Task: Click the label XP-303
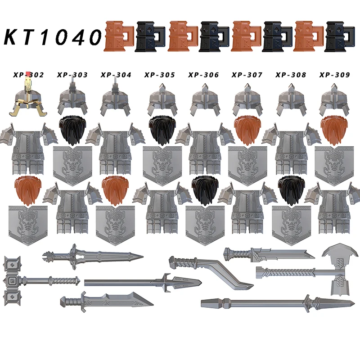72,75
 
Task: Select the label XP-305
160,75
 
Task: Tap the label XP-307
247,75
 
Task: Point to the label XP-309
334,75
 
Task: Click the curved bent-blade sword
211,270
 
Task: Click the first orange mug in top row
118,35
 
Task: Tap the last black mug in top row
340,35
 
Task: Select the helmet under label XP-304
116,97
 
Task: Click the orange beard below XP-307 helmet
247,130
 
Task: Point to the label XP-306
203,75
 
